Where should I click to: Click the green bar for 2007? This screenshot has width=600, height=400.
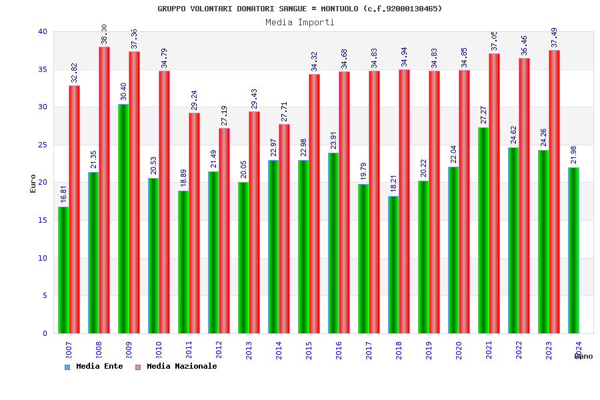pyautogui.click(x=63, y=270)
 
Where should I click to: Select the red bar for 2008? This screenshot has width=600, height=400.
pyautogui.click(x=104, y=190)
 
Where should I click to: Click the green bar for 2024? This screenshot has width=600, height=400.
pyautogui.click(x=573, y=251)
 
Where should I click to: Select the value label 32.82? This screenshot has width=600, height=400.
pyautogui.click(x=74, y=73)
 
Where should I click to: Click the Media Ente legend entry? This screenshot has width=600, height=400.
pyautogui.click(x=94, y=367)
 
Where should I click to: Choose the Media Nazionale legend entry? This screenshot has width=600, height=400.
pyautogui.click(x=176, y=367)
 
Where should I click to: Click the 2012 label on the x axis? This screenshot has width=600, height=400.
pyautogui.click(x=219, y=350)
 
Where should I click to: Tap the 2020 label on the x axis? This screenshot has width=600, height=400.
pyautogui.click(x=459, y=350)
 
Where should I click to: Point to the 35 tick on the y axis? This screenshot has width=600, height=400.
pyautogui.click(x=43, y=69)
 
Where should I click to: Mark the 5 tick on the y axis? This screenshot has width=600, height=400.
pyautogui.click(x=45, y=296)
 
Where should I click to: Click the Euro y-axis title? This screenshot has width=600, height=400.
pyautogui.click(x=33, y=183)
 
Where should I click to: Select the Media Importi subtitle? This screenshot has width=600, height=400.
pyautogui.click(x=300, y=22)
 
